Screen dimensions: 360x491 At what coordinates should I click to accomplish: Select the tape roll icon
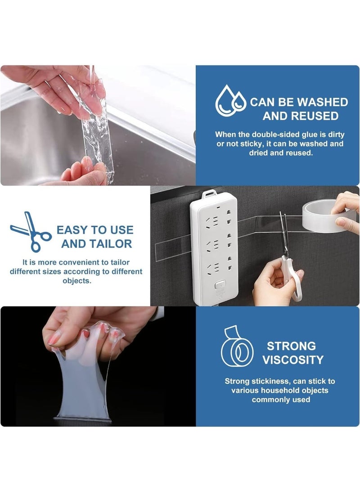pyautogui.click(x=237, y=346)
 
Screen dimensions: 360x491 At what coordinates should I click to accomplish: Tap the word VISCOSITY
pyautogui.click(x=292, y=360)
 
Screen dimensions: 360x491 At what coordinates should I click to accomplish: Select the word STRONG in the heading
pyautogui.click(x=291, y=346)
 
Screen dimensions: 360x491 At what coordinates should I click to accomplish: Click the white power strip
pyautogui.click(x=214, y=248)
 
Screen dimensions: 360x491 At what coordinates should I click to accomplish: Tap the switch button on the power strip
pyautogui.click(x=220, y=286)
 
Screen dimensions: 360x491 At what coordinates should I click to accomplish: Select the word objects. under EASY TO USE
pyautogui.click(x=76, y=280)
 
